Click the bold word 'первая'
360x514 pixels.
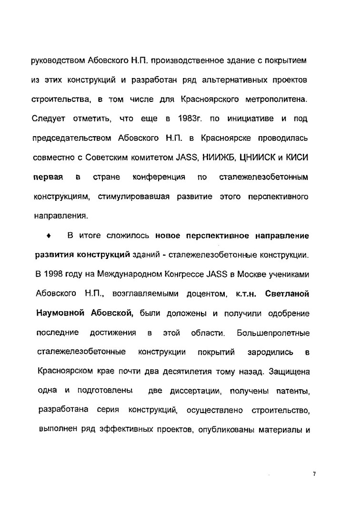[x=48, y=178]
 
